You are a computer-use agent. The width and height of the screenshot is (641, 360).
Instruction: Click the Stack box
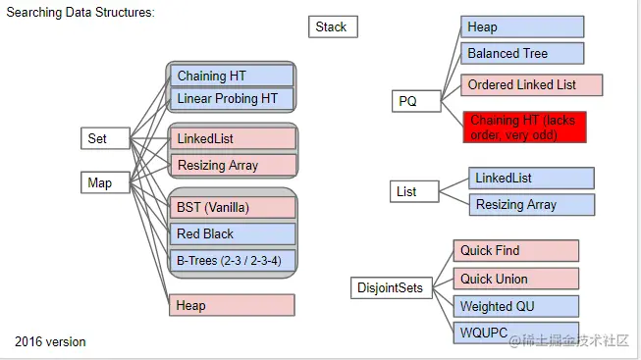(x=332, y=26)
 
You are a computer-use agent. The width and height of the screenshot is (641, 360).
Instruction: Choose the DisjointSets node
(x=391, y=288)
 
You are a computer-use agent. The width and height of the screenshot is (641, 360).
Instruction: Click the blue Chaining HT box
(x=232, y=76)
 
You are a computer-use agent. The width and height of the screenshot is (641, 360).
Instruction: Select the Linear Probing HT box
(x=232, y=98)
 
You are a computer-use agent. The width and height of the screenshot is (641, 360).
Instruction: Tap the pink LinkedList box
(x=232, y=139)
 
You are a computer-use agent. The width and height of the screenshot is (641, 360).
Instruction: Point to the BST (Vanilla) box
(x=232, y=207)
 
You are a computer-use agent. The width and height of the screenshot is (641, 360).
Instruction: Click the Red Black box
(x=232, y=233)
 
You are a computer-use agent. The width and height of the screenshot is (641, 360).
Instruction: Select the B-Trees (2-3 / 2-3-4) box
(x=232, y=260)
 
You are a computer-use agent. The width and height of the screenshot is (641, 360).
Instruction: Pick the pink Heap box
(x=232, y=305)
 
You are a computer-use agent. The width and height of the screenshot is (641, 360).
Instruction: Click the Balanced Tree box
(x=522, y=53)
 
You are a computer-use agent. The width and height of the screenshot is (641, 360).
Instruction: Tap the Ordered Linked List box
(x=531, y=85)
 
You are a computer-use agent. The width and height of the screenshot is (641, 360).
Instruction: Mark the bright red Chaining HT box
(x=525, y=127)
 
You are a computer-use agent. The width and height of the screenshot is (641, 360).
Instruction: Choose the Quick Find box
(x=515, y=251)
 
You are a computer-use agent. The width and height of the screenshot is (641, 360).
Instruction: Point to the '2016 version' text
(x=50, y=341)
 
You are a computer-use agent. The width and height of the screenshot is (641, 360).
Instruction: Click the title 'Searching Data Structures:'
(x=80, y=13)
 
